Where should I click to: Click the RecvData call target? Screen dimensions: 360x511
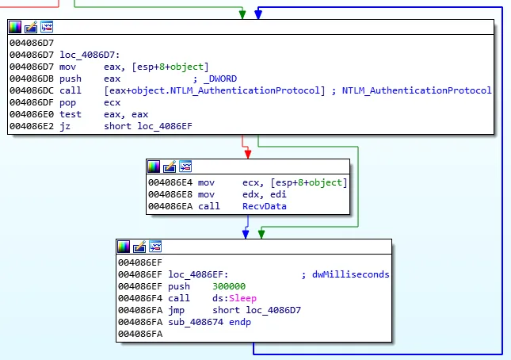(264, 205)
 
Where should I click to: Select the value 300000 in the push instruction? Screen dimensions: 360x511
(229, 286)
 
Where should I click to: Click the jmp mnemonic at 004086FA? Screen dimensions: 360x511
(177, 310)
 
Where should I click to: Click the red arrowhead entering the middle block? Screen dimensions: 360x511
(246, 152)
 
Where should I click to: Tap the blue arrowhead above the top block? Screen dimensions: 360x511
(258, 14)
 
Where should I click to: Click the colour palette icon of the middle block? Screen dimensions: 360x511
(154, 167)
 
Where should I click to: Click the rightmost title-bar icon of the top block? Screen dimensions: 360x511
(48, 28)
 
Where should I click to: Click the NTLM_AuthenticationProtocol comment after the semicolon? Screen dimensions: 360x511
(416, 91)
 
